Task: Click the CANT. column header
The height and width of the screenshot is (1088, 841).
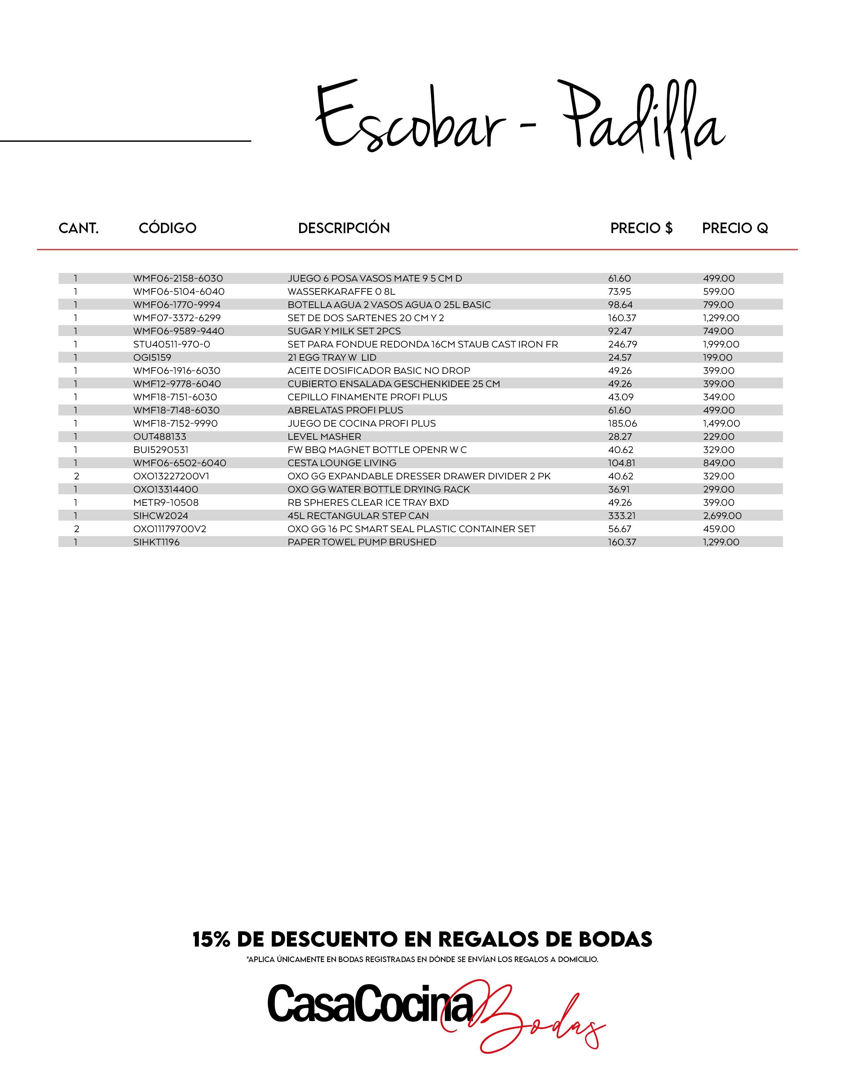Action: pyautogui.click(x=79, y=228)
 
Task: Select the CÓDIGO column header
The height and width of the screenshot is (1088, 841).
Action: pyautogui.click(x=168, y=228)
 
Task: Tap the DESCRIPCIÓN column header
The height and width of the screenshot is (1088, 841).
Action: pyautogui.click(x=344, y=228)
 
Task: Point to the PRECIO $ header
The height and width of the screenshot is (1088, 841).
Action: pyautogui.click(x=641, y=228)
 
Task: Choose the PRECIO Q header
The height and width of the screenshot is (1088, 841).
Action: pyautogui.click(x=735, y=228)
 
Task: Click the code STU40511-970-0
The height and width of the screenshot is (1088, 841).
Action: pyautogui.click(x=171, y=344)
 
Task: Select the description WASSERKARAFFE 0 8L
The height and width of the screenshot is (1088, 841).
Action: pyautogui.click(x=341, y=291)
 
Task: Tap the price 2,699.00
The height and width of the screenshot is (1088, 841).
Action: pyautogui.click(x=722, y=516)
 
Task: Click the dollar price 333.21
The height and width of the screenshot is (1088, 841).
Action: pyautogui.click(x=621, y=516)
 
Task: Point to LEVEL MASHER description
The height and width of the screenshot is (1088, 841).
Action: pyautogui.click(x=324, y=437)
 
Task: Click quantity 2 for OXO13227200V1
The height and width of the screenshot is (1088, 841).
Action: pyautogui.click(x=76, y=476)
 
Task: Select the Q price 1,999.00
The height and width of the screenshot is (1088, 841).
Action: pyautogui.click(x=721, y=344)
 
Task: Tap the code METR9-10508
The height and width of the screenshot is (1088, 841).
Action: pyautogui.click(x=166, y=503)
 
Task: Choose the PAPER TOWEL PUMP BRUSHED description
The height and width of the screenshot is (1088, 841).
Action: pyautogui.click(x=362, y=542)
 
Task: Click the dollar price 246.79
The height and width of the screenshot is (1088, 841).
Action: pyautogui.click(x=622, y=344)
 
